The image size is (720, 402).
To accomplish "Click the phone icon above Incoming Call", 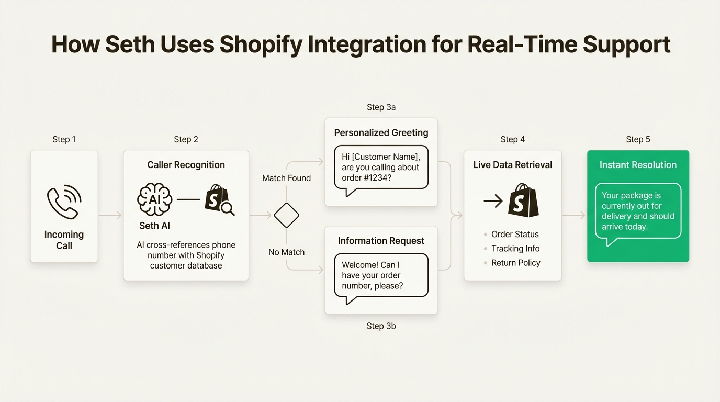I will coord(64,202).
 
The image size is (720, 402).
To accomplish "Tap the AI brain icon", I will coord(154,199).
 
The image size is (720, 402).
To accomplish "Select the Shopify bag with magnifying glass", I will coord(219,199).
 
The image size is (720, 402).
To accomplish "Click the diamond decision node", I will coord(286,215).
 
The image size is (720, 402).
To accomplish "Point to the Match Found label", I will coord(286,178).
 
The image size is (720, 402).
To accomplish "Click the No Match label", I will coord(286,252).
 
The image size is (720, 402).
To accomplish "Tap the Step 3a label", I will coord(381,107).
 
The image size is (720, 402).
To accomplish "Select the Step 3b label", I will coord(381,326).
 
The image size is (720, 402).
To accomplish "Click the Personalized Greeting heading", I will coord(381,133).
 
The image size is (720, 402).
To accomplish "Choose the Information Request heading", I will coord(381,241).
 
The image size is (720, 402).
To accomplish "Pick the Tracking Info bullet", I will coord(515,249).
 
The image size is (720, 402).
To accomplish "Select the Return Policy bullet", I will coord(515,263).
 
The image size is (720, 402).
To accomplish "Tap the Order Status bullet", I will coord(514,234).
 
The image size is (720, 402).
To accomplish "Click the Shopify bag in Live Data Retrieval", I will coord(523,200).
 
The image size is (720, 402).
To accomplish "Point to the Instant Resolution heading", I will coord(638,165).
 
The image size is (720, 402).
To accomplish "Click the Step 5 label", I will coord(638,139).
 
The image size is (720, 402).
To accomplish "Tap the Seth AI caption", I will coord(154,226).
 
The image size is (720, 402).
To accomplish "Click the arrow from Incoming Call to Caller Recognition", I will coord(110,215).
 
